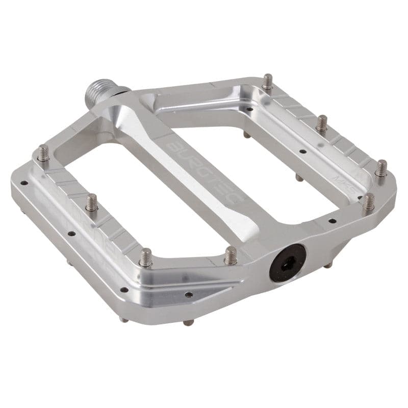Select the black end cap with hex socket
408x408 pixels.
click(287, 262)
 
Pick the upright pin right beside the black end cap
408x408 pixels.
click(231, 254)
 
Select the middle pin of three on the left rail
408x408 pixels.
click(91, 202)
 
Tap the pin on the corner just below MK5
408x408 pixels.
click(368, 201)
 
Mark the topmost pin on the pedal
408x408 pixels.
click(267, 82)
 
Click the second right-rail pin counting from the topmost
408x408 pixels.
click(321, 123)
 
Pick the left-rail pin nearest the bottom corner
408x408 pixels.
click(146, 257)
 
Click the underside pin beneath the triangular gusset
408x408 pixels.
click(189, 322)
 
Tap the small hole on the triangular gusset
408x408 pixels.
click(188, 294)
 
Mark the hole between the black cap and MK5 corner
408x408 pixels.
click(331, 221)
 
